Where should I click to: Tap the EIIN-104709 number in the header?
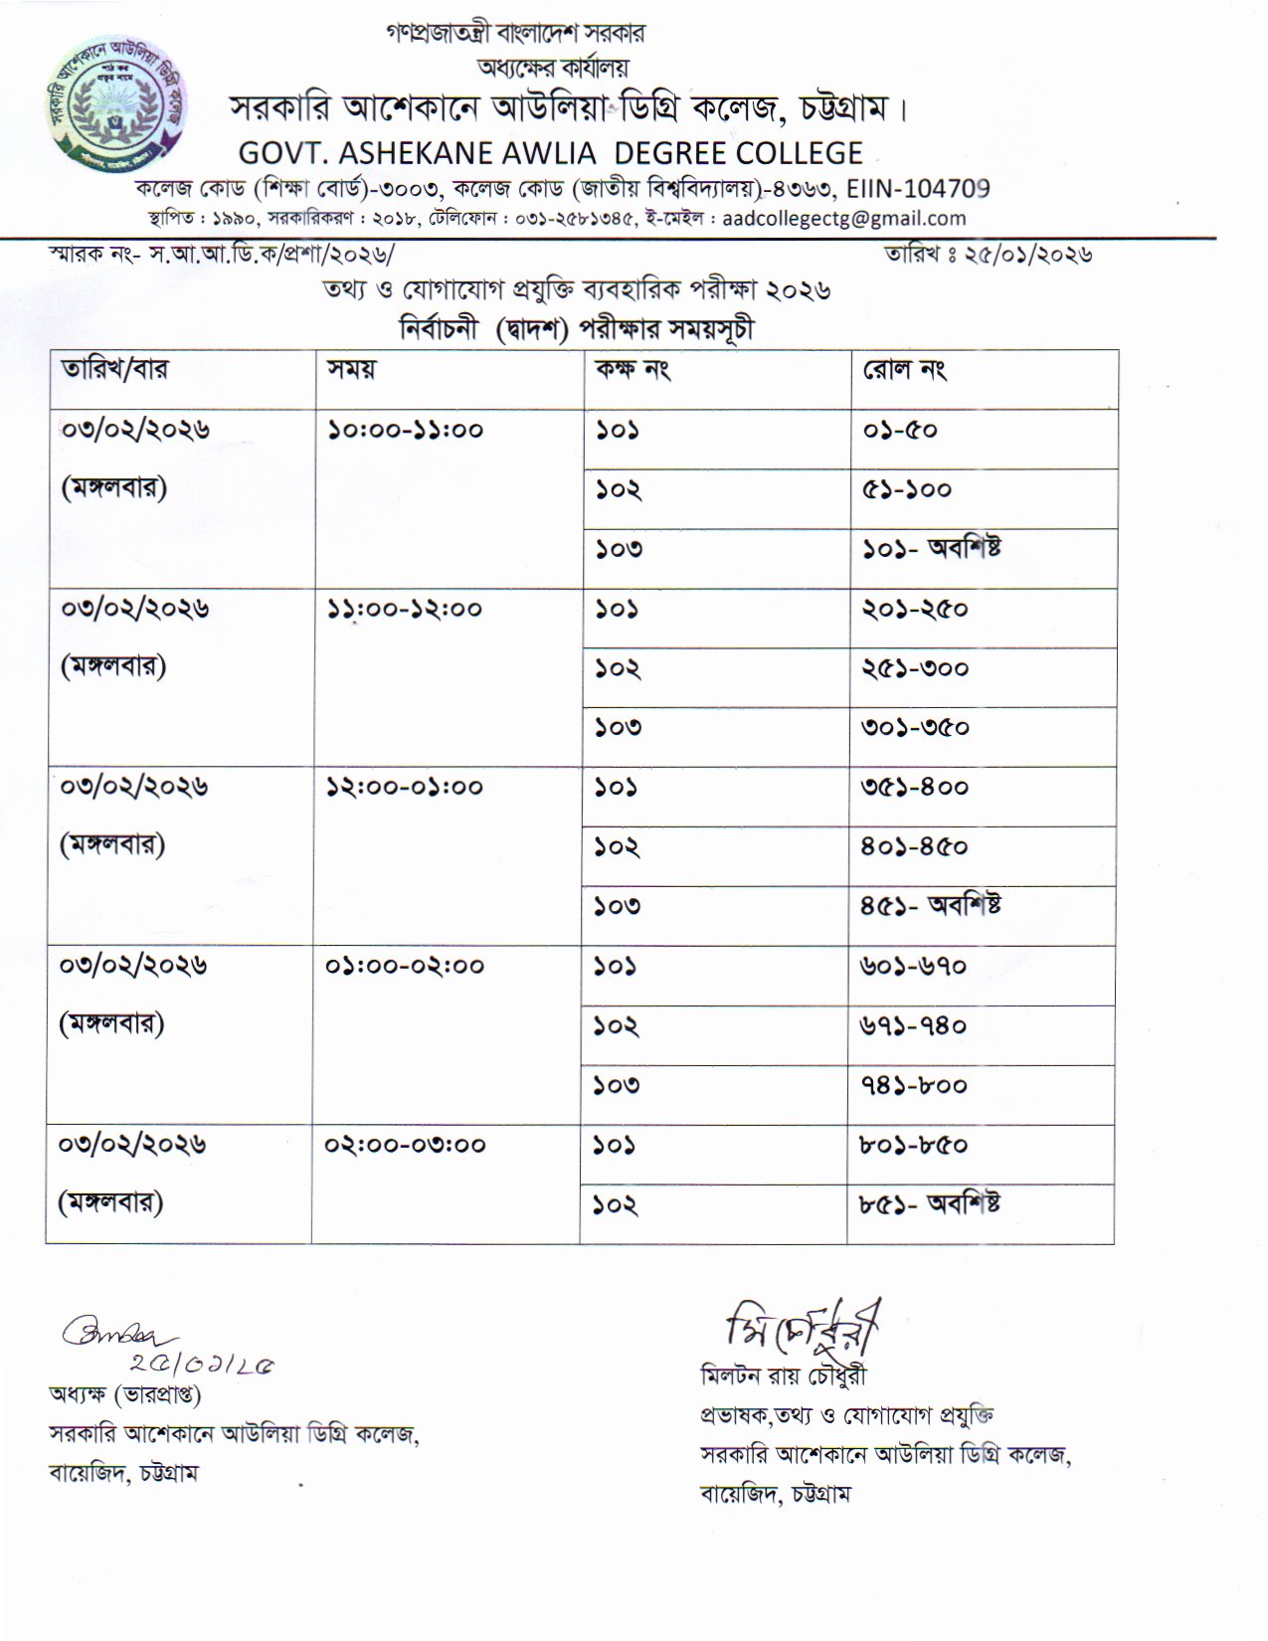918,188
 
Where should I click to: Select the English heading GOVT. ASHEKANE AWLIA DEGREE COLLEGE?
550,153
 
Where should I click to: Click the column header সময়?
351,369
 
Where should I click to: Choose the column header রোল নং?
904,370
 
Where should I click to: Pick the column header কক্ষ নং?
633,369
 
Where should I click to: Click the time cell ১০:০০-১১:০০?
405,430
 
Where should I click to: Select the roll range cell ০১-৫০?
900,430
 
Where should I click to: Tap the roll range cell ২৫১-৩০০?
915,668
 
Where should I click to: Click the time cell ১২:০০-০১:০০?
405,788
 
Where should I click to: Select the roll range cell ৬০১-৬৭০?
914,966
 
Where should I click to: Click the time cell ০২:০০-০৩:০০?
405,1145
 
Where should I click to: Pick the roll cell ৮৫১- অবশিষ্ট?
931,1204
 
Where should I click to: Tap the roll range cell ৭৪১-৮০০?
914,1085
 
